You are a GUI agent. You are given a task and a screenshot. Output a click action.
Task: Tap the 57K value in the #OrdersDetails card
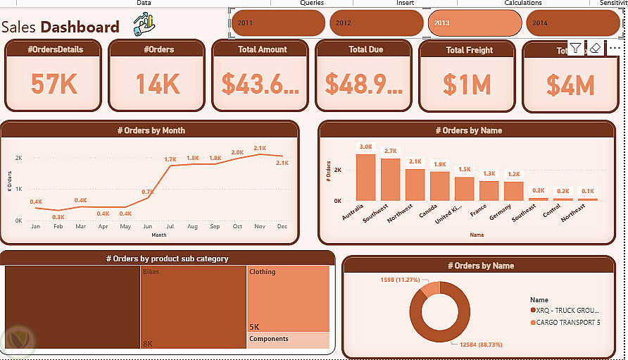pos(54,85)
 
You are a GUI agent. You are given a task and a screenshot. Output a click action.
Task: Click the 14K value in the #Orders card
pos(157,85)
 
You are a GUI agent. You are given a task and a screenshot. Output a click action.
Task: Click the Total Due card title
pos(366,49)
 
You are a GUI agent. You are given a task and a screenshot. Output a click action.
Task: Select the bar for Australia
pos(365,178)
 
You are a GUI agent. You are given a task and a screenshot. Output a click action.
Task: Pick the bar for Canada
pos(439,187)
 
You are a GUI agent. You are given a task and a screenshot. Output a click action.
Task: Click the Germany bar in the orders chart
pos(514,191)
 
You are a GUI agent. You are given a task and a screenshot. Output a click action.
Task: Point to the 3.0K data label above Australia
pos(365,147)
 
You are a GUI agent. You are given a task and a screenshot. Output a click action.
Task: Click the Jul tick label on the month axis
pos(170,227)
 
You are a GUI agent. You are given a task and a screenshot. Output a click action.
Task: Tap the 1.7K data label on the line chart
pos(170,160)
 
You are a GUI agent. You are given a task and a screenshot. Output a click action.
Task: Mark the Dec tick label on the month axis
pos(282,227)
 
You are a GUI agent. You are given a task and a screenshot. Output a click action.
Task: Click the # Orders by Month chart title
pos(151,130)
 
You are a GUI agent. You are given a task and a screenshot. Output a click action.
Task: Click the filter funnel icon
pos(576,48)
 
